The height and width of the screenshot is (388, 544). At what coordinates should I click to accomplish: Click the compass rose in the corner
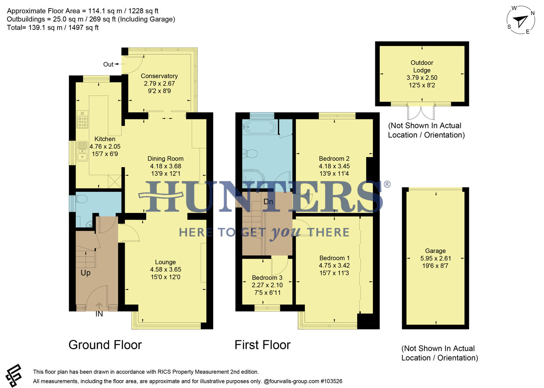pyautogui.click(x=521, y=21)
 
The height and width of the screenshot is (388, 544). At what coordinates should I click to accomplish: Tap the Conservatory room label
pyautogui.click(x=159, y=76)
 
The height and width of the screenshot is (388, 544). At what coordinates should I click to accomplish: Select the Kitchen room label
pyautogui.click(x=105, y=139)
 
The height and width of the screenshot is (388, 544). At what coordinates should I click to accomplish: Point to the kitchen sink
pyautogui.click(x=82, y=151)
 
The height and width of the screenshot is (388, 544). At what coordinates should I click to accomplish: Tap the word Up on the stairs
pyautogui.click(x=85, y=273)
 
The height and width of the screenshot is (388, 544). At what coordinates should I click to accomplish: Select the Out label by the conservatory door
pyautogui.click(x=108, y=64)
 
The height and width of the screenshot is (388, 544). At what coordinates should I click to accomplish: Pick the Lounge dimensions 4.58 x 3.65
pyautogui.click(x=166, y=269)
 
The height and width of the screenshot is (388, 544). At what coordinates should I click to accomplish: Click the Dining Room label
pyautogui.click(x=166, y=158)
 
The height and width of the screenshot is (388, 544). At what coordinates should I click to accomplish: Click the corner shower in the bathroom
pyautogui.click(x=253, y=179)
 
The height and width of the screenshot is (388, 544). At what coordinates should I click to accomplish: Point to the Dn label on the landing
pyautogui.click(x=268, y=202)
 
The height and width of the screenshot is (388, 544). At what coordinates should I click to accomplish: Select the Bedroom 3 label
pyautogui.click(x=267, y=278)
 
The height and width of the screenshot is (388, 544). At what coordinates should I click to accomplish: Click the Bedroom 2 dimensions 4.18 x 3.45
pyautogui.click(x=334, y=166)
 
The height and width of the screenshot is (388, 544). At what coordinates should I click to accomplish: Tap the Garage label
pyautogui.click(x=435, y=251)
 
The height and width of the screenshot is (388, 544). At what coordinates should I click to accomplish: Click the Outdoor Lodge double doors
pyautogui.click(x=421, y=112)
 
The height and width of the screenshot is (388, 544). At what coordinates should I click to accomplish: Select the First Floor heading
pyautogui.click(x=262, y=345)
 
